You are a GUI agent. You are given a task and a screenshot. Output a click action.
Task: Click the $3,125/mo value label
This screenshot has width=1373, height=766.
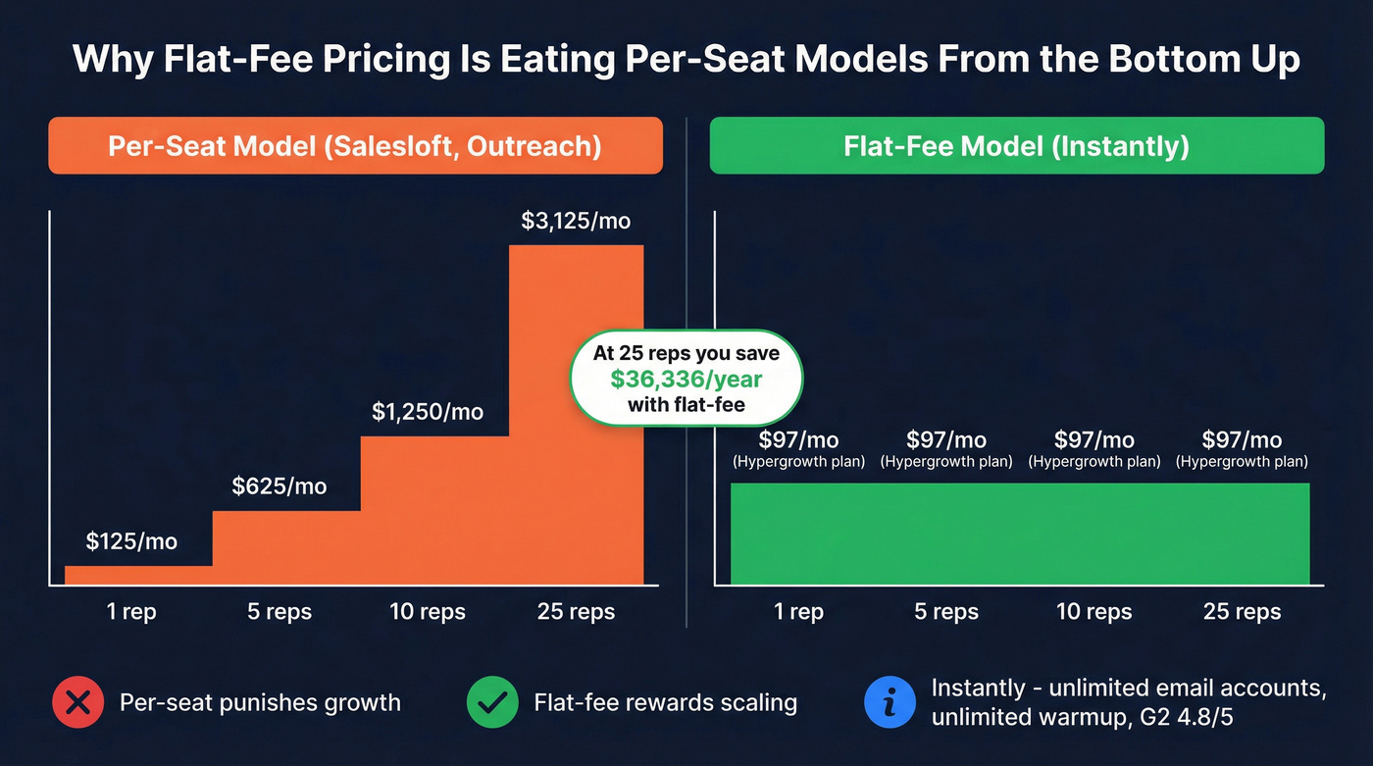coord(576,221)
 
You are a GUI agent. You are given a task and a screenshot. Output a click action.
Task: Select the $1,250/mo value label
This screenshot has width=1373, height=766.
coord(428,412)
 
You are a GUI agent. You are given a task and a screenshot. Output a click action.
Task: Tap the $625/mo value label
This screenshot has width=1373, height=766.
coord(280,485)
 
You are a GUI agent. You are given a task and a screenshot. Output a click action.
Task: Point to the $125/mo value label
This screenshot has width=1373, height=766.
coord(131,540)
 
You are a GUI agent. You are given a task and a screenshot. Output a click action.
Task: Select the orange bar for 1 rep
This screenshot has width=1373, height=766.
coord(138,575)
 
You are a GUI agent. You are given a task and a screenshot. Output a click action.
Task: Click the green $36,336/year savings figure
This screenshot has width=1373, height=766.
coord(686,379)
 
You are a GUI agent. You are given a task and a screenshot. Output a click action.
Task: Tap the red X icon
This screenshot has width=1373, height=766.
coord(77,702)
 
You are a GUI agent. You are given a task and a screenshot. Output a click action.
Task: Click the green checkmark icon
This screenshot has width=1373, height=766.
coord(492,702)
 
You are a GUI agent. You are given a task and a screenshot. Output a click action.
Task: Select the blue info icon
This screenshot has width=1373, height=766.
coord(890,702)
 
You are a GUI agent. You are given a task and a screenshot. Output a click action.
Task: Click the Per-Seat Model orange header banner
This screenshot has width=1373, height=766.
coord(355,146)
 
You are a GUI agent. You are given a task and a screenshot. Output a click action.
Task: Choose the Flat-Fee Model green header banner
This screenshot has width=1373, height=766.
coord(1016,146)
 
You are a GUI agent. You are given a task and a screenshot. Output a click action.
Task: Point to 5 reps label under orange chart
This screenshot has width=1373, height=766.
coord(280,612)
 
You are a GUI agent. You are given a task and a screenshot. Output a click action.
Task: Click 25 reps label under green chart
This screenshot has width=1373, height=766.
coord(1242,612)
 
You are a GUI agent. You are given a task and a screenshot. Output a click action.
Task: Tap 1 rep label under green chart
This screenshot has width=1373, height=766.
coord(798,612)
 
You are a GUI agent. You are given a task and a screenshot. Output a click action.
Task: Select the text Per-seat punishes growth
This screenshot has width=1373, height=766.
coord(260,702)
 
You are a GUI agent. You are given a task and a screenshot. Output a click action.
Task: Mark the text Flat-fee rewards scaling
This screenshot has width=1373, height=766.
coord(666,702)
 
